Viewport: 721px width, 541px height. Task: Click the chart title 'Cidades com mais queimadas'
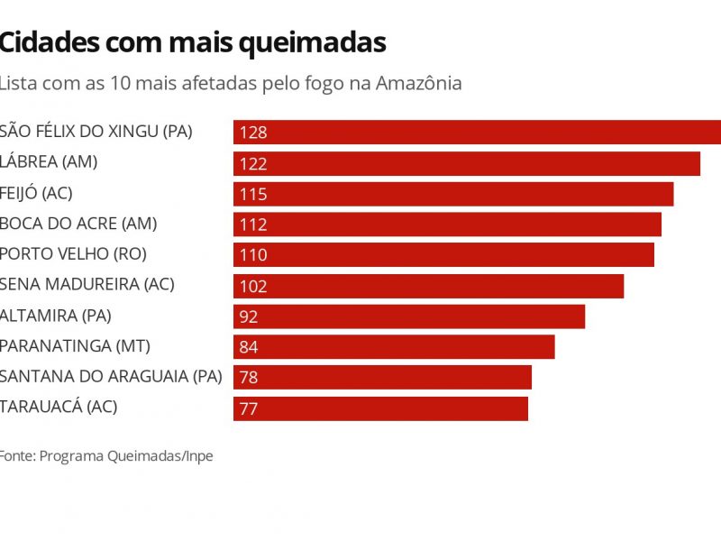(x=192, y=41)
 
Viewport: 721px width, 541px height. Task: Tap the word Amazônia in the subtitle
(x=418, y=84)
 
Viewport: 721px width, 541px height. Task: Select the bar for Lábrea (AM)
(x=466, y=163)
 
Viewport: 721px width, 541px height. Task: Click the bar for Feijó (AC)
(x=452, y=194)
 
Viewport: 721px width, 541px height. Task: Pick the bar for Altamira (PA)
(x=408, y=316)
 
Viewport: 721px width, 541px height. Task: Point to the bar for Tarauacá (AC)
(x=380, y=408)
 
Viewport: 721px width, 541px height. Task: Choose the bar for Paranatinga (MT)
(x=393, y=347)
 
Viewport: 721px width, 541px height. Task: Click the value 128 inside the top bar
(x=253, y=133)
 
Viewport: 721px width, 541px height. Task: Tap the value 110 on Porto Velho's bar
(x=253, y=255)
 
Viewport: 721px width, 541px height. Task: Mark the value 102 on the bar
(x=253, y=287)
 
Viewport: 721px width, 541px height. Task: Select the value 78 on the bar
(x=249, y=378)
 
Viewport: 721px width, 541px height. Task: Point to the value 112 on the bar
(x=253, y=225)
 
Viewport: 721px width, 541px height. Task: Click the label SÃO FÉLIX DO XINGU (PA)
(x=96, y=132)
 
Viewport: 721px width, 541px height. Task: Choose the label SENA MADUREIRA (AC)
(x=87, y=284)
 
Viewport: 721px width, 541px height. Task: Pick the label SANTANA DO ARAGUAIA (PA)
(x=110, y=376)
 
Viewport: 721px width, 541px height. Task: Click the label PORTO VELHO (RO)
(x=73, y=254)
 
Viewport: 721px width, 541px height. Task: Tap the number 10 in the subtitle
(x=120, y=84)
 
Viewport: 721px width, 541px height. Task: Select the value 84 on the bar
(x=249, y=347)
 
